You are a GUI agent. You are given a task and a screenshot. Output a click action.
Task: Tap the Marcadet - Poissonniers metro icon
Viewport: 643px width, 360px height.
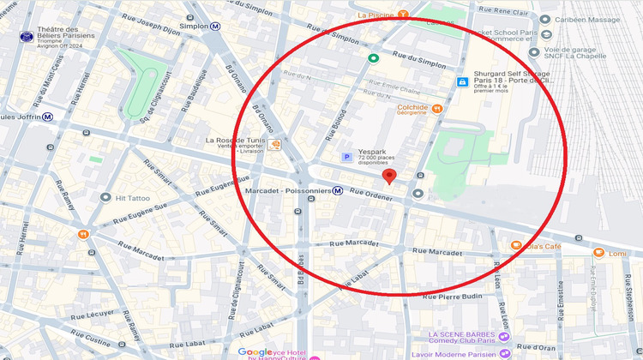(x=340, y=190)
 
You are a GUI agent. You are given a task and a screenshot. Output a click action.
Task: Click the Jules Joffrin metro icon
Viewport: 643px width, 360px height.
(x=48, y=117)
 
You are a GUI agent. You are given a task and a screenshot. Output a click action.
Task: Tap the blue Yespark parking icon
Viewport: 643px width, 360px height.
(x=346, y=157)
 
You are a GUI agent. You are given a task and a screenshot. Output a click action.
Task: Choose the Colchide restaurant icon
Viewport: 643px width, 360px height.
(x=436, y=108)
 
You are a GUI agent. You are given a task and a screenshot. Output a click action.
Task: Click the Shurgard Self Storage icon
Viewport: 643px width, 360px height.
(x=462, y=82)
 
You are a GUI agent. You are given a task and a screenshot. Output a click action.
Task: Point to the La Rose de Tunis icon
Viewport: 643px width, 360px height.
(x=275, y=145)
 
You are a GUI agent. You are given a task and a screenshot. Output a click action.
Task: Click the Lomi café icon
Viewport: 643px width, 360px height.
(x=598, y=253)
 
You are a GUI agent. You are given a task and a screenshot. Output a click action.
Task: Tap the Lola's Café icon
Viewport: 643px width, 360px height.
(x=515, y=246)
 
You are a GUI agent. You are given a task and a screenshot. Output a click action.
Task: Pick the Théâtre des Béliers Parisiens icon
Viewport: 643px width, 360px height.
(x=27, y=37)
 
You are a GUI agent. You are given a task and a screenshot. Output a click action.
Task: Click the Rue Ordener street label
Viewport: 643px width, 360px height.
(x=369, y=193)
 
